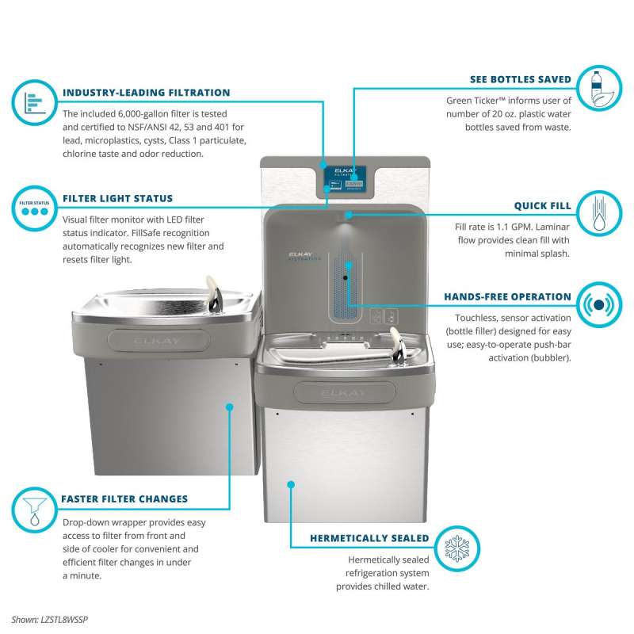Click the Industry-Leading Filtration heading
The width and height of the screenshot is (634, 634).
pos(147,93)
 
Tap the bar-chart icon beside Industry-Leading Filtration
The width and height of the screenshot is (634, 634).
pos(34,103)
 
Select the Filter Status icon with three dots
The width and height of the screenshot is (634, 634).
pos(34,208)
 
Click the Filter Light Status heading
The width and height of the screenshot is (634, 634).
pos(117,199)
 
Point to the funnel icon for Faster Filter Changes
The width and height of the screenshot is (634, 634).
pos(34,510)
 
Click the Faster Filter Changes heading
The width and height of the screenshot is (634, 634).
pos(124,499)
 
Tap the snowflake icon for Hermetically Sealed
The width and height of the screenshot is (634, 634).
pos(457,548)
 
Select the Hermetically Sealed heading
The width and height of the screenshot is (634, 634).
pos(369,538)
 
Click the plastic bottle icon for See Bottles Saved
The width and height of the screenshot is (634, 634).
pos(599,88)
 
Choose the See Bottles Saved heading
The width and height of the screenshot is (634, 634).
pos(521,79)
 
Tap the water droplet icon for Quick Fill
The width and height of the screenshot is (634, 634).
pos(599,213)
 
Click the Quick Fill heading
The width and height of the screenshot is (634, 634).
pos(543,206)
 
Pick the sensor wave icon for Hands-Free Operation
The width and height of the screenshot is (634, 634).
pos(599,305)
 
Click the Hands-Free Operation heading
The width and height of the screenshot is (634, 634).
pos(507,296)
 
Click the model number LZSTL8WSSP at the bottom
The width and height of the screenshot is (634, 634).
pos(64,620)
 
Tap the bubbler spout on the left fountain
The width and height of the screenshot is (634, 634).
pos(214,294)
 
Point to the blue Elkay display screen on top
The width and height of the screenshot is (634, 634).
pos(345,178)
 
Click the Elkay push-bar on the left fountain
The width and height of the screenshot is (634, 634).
pos(159,341)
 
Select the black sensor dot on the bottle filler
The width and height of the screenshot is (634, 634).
pos(346,278)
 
